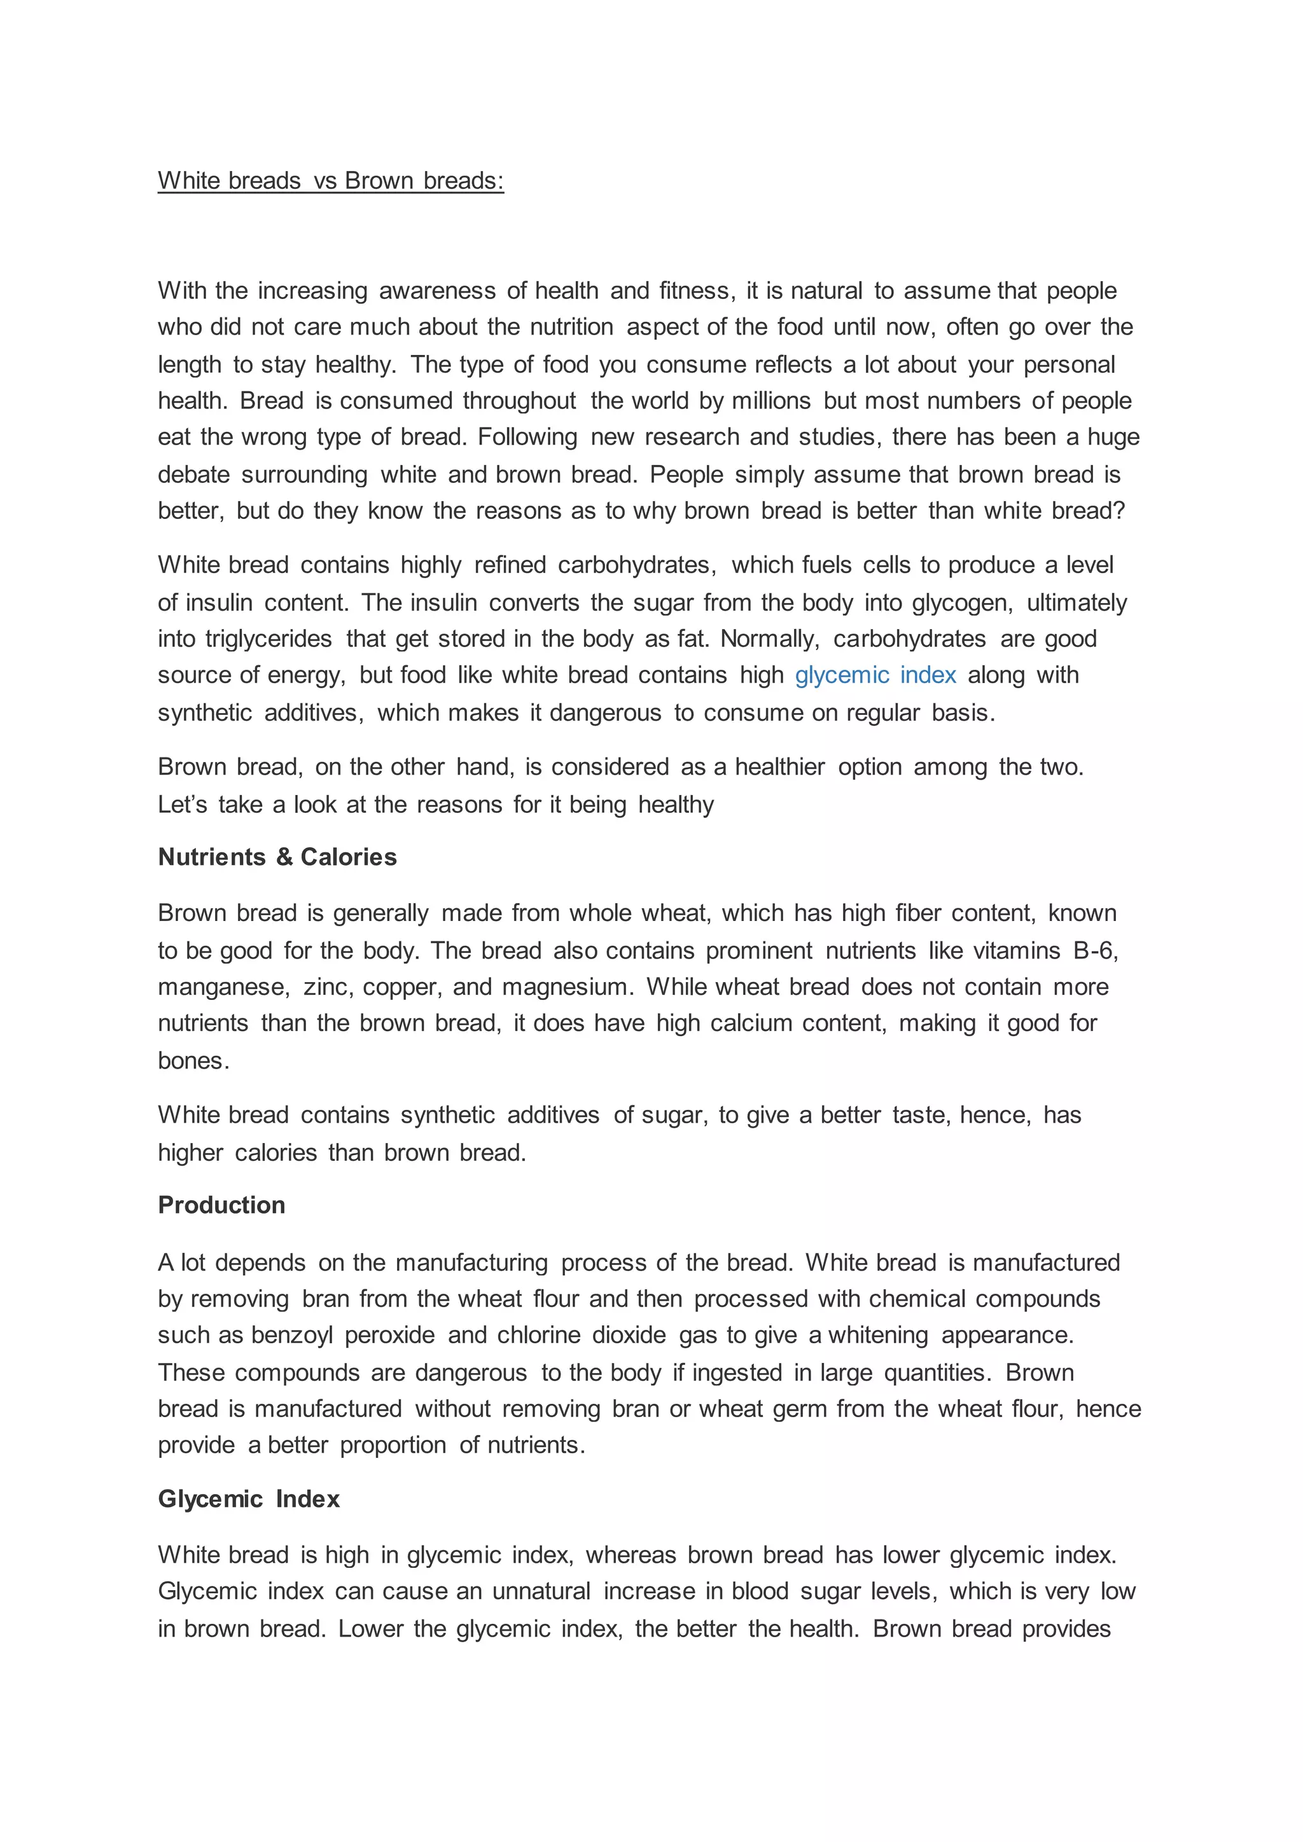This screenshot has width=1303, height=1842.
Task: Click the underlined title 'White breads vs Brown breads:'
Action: click(x=331, y=181)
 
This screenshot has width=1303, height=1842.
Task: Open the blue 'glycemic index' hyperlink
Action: click(x=875, y=675)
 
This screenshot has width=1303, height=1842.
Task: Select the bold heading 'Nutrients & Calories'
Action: click(x=277, y=857)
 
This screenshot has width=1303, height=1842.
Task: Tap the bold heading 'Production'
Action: click(x=221, y=1205)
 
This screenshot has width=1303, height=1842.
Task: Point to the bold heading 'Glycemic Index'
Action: click(x=249, y=1499)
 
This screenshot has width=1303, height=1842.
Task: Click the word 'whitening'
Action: click(x=878, y=1335)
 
